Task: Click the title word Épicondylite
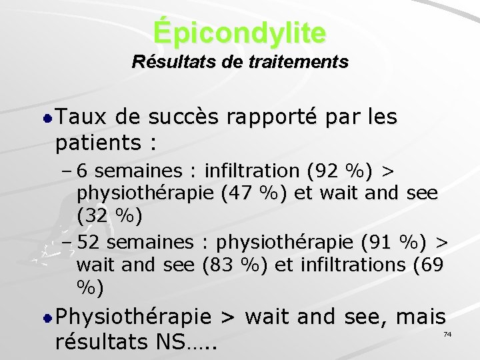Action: (x=240, y=32)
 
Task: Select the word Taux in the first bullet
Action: (x=79, y=117)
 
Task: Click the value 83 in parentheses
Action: (x=222, y=265)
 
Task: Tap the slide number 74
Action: (x=447, y=333)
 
